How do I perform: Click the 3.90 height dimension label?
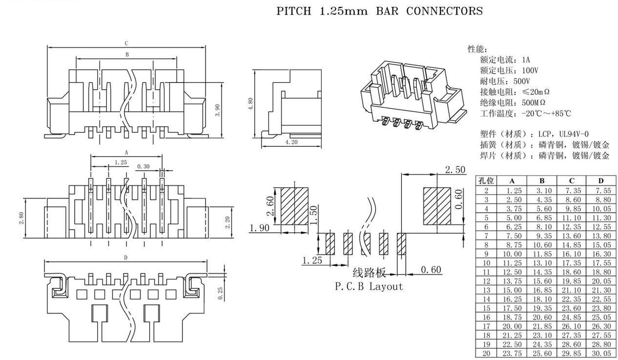point(218,110)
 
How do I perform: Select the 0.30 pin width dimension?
point(144,167)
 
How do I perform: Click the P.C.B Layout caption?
point(369,286)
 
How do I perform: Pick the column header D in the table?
point(600,180)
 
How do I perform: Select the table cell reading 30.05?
point(600,354)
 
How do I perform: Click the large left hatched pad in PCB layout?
point(295,206)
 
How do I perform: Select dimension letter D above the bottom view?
point(126,258)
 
